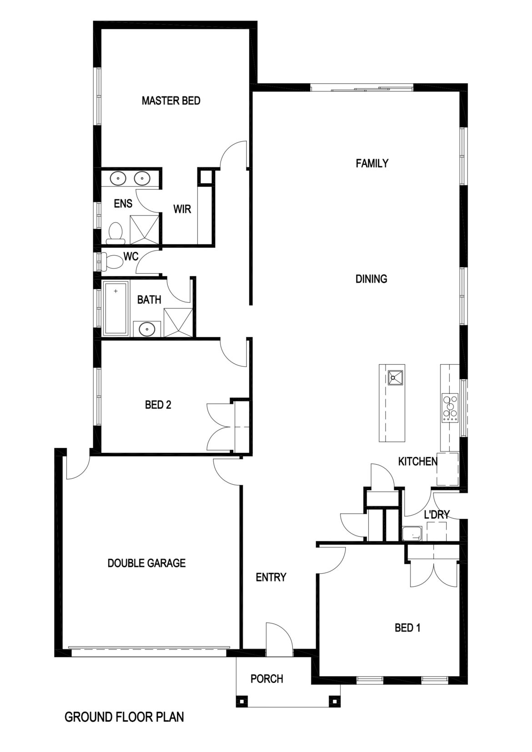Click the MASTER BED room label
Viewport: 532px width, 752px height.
[x=171, y=100]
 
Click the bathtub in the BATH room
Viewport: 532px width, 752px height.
[x=116, y=308]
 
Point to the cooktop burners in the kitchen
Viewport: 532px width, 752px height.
[x=451, y=406]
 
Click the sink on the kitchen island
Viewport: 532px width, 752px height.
[x=395, y=377]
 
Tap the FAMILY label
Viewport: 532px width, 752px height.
[x=371, y=163]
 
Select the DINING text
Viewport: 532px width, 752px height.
[x=371, y=279]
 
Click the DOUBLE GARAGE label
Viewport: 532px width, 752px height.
[x=146, y=563]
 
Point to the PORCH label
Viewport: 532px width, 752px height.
[x=266, y=679]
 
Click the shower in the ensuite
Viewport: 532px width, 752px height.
[x=145, y=230]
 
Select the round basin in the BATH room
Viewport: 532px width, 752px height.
[x=147, y=328]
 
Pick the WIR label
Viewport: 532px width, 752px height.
[x=182, y=209]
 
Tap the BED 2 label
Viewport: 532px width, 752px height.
[x=158, y=404]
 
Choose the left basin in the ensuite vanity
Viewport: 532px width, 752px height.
[x=119, y=179]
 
